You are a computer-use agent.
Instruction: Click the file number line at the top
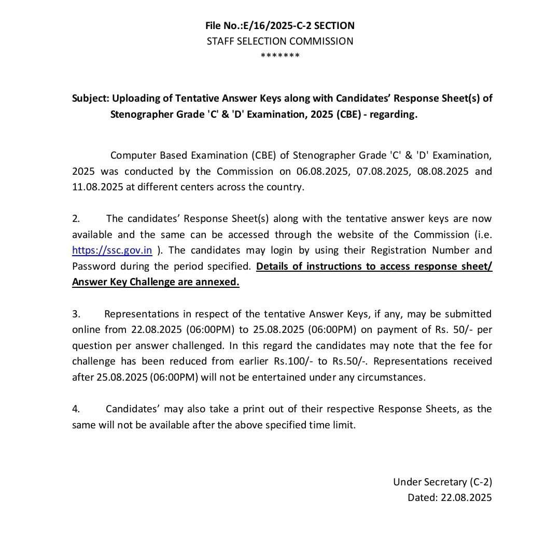pos(280,25)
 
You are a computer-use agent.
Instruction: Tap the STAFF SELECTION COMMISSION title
pos(280,41)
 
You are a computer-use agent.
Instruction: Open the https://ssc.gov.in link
pos(112,250)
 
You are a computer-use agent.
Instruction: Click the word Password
pos(94,267)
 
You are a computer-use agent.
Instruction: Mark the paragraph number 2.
pos(76,219)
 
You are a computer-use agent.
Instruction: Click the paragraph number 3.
pos(76,314)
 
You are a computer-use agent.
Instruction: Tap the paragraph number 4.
pos(76,409)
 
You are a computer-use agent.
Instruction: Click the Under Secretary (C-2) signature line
pos(442,482)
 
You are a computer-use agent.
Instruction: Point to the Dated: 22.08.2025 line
pos(450,498)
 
